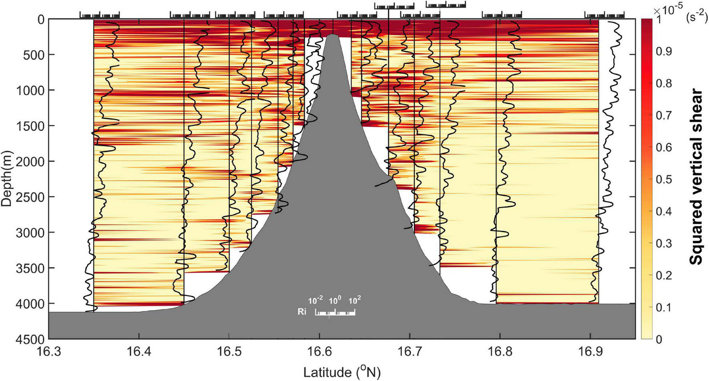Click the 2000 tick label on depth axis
(x=30, y=161)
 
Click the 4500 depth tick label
(x=30, y=339)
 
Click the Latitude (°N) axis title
(x=342, y=373)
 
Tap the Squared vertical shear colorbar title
(x=697, y=177)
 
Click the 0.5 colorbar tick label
(x=663, y=180)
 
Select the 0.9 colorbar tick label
(x=663, y=52)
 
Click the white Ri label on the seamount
(x=302, y=312)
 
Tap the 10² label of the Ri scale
(x=354, y=300)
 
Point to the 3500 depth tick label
(x=30, y=268)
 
